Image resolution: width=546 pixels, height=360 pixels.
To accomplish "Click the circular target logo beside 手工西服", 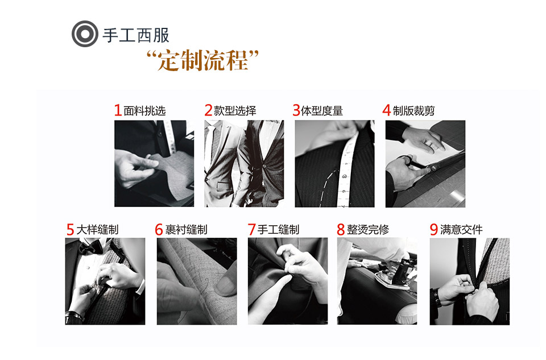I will click(x=84, y=35).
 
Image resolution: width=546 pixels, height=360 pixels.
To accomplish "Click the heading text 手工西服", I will click(x=135, y=35).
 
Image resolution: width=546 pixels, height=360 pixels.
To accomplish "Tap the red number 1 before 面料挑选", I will click(x=118, y=110).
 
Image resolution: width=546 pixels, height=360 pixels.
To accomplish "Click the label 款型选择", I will click(x=235, y=110).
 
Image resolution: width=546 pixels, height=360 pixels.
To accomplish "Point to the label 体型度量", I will click(x=322, y=110).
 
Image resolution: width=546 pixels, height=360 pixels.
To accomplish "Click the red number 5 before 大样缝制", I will click(x=70, y=230).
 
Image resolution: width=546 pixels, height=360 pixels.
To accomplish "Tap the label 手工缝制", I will click(x=278, y=230).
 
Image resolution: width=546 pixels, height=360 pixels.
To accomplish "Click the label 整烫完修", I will click(x=368, y=230).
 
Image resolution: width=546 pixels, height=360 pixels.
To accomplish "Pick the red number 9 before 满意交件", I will click(x=433, y=230).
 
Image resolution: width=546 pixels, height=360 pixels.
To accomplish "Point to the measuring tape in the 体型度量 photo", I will click(x=344, y=171).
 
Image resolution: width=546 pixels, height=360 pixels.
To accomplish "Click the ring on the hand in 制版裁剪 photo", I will click(x=430, y=146).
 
